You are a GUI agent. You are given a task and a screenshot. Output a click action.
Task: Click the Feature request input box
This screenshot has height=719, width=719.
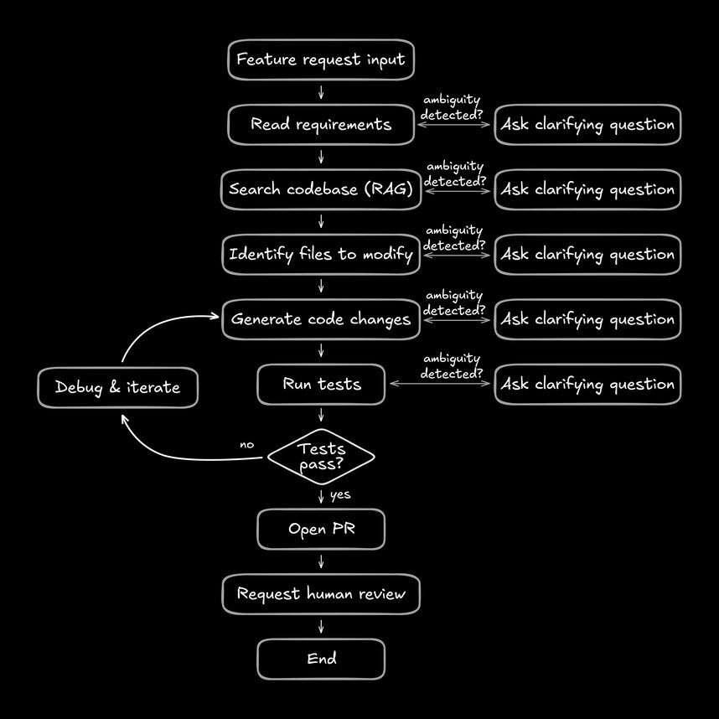321,60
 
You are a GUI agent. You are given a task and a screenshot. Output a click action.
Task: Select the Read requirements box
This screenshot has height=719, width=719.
321,125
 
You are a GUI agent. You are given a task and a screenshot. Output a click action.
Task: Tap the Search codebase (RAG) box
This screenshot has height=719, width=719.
321,189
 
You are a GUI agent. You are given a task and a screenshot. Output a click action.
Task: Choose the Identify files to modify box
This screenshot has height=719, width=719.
321,254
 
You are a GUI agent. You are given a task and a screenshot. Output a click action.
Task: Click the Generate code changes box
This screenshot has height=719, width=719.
321,319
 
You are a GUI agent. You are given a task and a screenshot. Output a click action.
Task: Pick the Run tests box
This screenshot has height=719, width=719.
321,384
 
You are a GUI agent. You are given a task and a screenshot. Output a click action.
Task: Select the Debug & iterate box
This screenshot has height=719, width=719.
117,387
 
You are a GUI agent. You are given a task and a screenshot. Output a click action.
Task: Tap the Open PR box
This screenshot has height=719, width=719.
321,529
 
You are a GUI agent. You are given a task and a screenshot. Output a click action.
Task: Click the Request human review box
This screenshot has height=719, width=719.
321,594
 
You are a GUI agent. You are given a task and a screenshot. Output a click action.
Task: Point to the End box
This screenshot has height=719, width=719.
321,659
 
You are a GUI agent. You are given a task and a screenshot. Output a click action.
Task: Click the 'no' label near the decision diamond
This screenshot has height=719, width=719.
246,445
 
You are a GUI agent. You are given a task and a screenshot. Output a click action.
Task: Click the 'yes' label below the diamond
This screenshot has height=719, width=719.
340,495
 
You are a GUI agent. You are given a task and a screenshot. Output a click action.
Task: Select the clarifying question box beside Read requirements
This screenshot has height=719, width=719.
587,125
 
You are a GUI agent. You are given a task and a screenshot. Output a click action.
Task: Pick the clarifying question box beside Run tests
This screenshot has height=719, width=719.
587,384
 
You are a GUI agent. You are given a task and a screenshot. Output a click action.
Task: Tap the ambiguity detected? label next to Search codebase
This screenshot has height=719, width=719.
454,173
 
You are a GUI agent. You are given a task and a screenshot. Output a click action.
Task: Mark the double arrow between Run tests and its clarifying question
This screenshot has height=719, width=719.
440,384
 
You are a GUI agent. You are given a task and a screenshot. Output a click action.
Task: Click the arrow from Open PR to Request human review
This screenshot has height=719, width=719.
321,561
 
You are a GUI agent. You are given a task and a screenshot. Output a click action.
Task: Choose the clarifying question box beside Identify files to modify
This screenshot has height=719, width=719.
587,254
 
